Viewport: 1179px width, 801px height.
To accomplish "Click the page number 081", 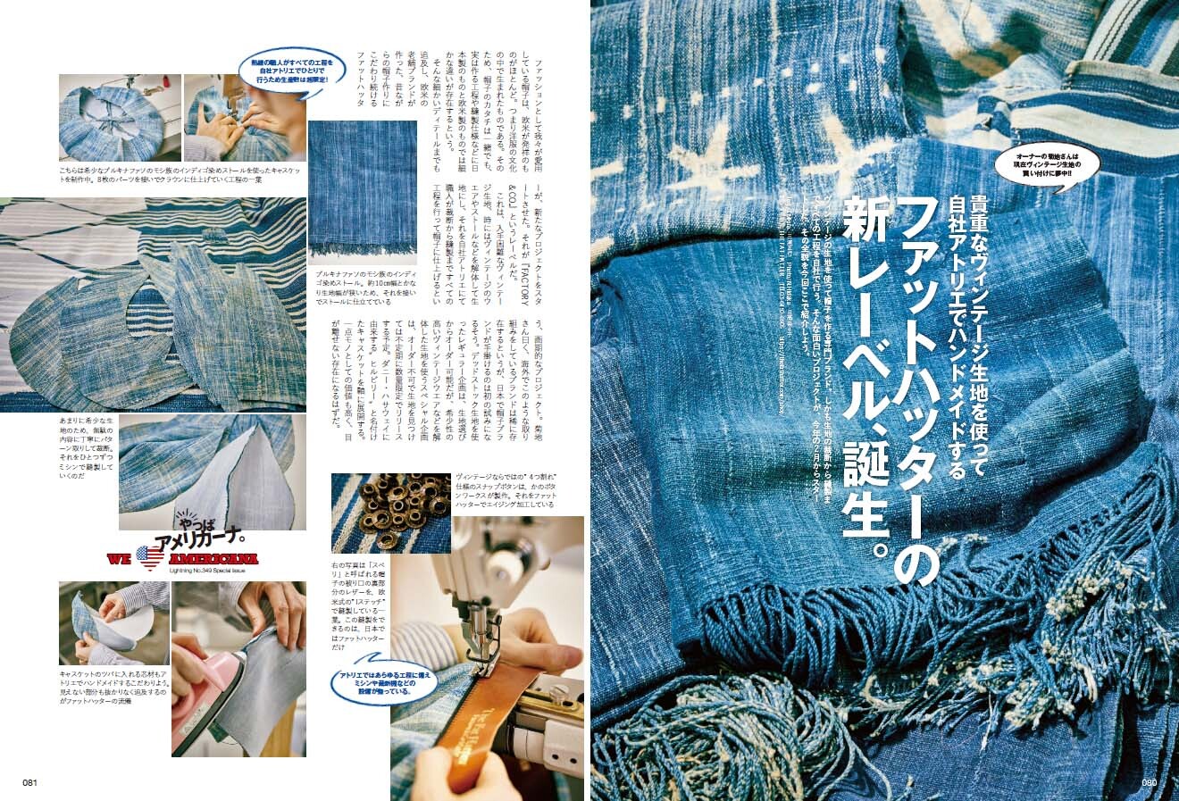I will [x=29, y=783].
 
